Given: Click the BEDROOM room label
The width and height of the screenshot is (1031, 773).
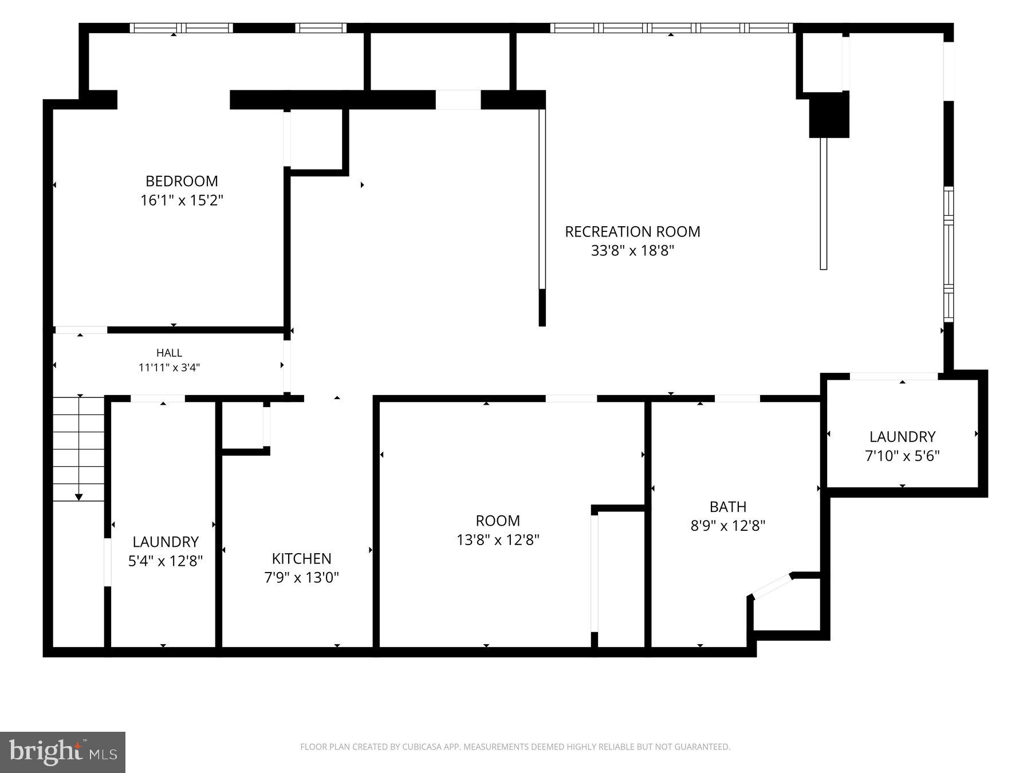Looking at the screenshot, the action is [x=182, y=181].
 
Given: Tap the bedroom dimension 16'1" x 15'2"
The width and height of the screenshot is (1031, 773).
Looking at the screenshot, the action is [x=182, y=200].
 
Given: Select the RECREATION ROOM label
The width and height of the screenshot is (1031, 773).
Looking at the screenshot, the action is [x=632, y=231].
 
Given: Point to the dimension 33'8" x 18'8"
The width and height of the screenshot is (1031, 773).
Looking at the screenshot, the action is [x=632, y=251].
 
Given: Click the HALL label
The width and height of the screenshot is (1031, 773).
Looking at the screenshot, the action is [x=169, y=353].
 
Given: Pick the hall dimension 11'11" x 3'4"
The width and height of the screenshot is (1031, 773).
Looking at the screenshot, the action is [x=169, y=368].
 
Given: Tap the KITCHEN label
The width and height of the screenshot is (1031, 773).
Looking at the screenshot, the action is [x=301, y=558].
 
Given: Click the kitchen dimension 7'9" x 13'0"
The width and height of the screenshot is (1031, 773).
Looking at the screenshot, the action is [x=301, y=578].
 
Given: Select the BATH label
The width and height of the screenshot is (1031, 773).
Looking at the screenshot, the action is [x=728, y=507].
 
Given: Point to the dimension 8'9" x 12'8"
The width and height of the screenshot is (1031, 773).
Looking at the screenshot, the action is [x=728, y=526].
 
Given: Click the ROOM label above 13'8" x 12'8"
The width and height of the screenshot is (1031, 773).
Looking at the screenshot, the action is [x=498, y=520].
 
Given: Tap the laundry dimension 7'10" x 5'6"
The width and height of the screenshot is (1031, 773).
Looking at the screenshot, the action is [x=902, y=456].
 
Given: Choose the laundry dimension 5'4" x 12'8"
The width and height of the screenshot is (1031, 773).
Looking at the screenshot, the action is [x=166, y=561].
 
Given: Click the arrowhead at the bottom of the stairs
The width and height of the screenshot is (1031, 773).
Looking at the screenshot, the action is [x=79, y=497].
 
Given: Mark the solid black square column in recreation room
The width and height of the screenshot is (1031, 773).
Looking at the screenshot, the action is [x=829, y=115].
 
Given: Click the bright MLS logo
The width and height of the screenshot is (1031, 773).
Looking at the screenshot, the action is [x=62, y=752].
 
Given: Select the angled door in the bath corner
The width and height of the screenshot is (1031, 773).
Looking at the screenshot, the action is [x=772, y=586].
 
